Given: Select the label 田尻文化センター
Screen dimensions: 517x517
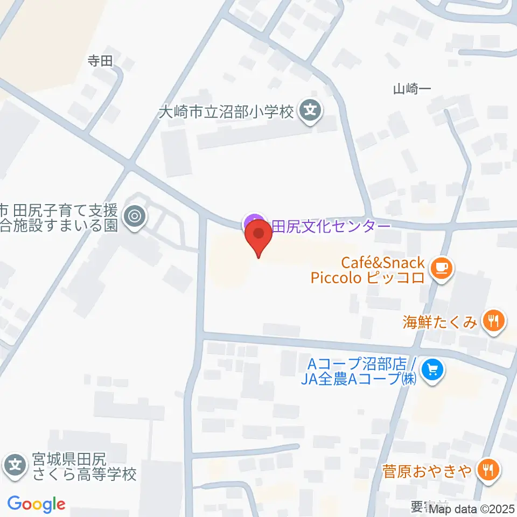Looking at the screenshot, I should (330, 226).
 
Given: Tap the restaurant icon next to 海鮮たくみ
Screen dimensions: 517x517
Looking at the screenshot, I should (493, 322).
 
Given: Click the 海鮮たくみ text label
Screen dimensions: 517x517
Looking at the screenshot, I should (440, 322).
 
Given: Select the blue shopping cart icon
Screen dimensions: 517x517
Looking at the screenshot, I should (432, 370).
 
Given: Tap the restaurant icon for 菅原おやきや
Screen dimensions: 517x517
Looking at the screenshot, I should (489, 471).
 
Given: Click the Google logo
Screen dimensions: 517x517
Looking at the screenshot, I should (37, 504).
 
